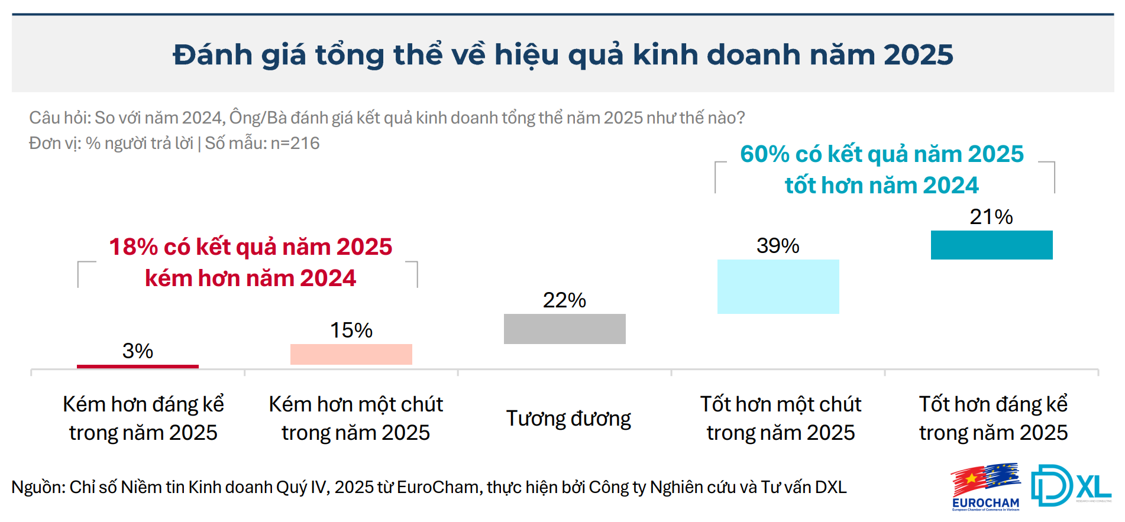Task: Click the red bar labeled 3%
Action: click(138, 367)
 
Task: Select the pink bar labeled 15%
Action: click(351, 354)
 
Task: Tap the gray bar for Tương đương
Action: click(565, 329)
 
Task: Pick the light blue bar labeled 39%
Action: click(778, 287)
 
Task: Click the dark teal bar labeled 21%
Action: click(992, 245)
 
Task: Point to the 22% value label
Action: click(564, 300)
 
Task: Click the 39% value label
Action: click(778, 246)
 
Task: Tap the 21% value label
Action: click(991, 217)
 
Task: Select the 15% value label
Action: click(351, 330)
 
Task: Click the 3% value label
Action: click(138, 351)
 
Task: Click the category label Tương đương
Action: click(568, 419)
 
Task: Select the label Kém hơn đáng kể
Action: click(144, 404)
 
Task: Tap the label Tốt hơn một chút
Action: click(781, 404)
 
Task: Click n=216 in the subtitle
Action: click(295, 143)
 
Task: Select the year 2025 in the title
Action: click(919, 55)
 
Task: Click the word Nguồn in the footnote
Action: click(37, 487)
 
